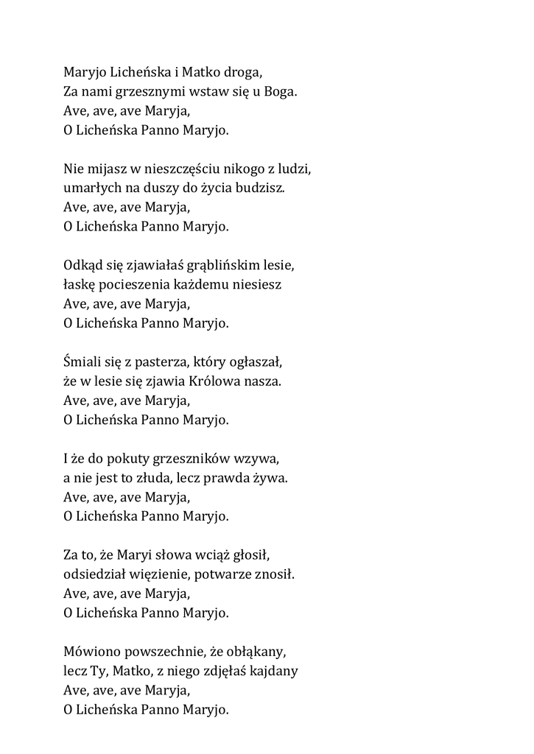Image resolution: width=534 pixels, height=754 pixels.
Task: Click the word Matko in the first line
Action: pyautogui.click(x=201, y=73)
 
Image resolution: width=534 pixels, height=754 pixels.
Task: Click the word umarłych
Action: pyautogui.click(x=89, y=188)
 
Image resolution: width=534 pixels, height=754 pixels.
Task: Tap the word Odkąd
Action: pyautogui.click(x=82, y=264)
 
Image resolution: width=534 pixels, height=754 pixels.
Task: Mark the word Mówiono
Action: pyautogui.click(x=91, y=652)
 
